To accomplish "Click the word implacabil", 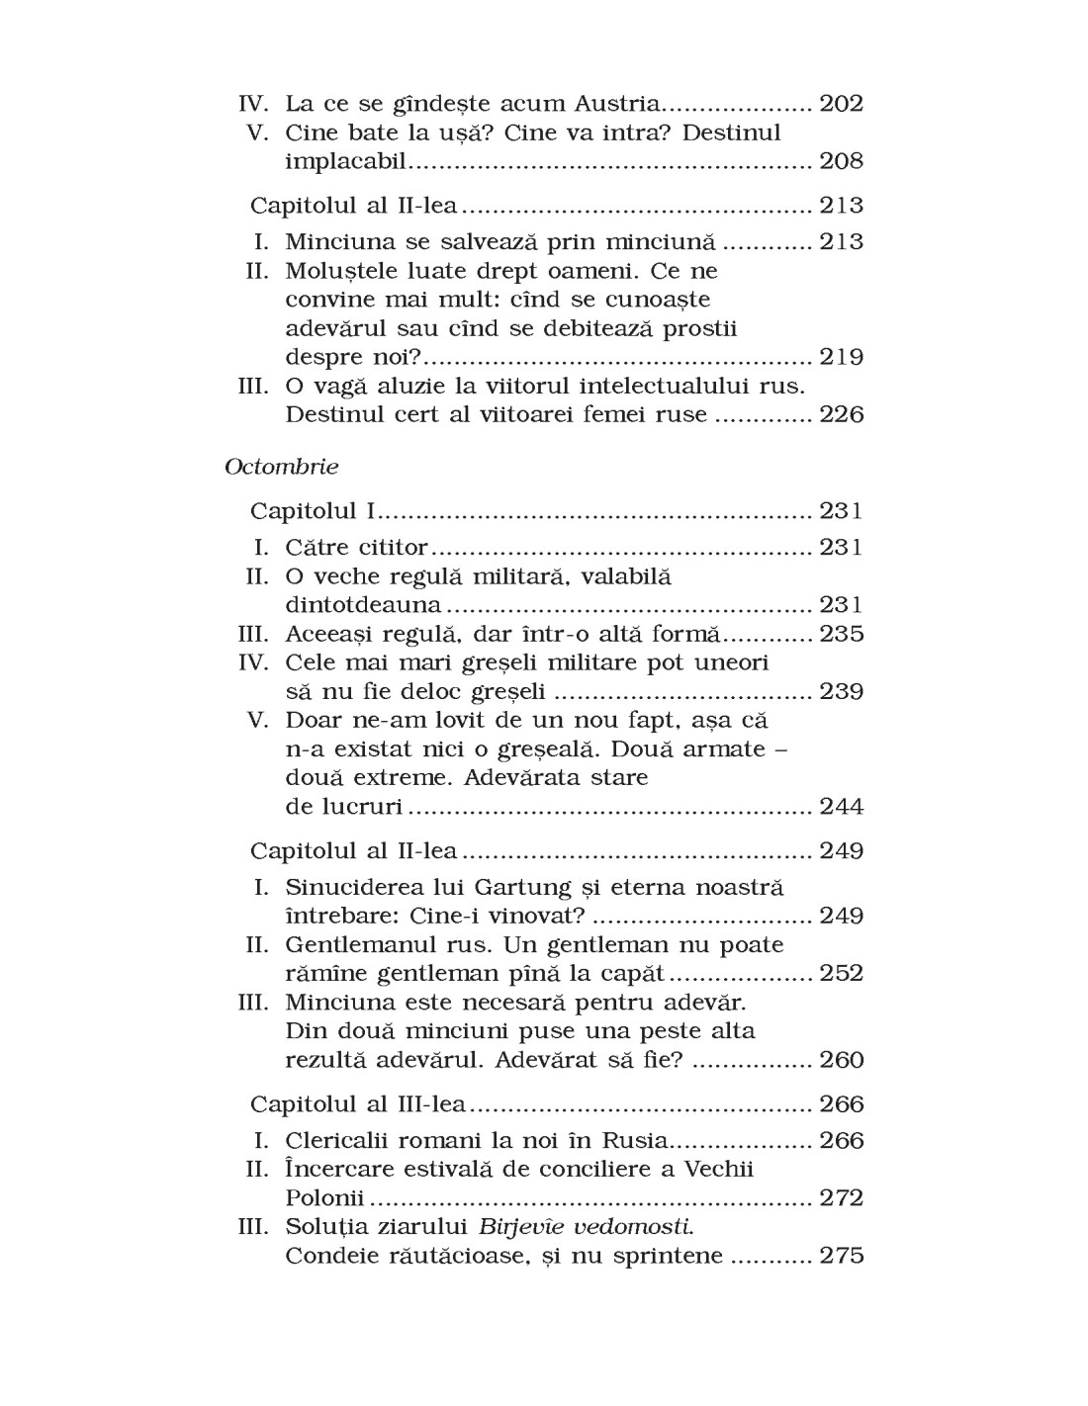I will tap(345, 161).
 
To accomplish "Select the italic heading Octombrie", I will tap(282, 467).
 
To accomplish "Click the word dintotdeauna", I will tap(363, 605).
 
